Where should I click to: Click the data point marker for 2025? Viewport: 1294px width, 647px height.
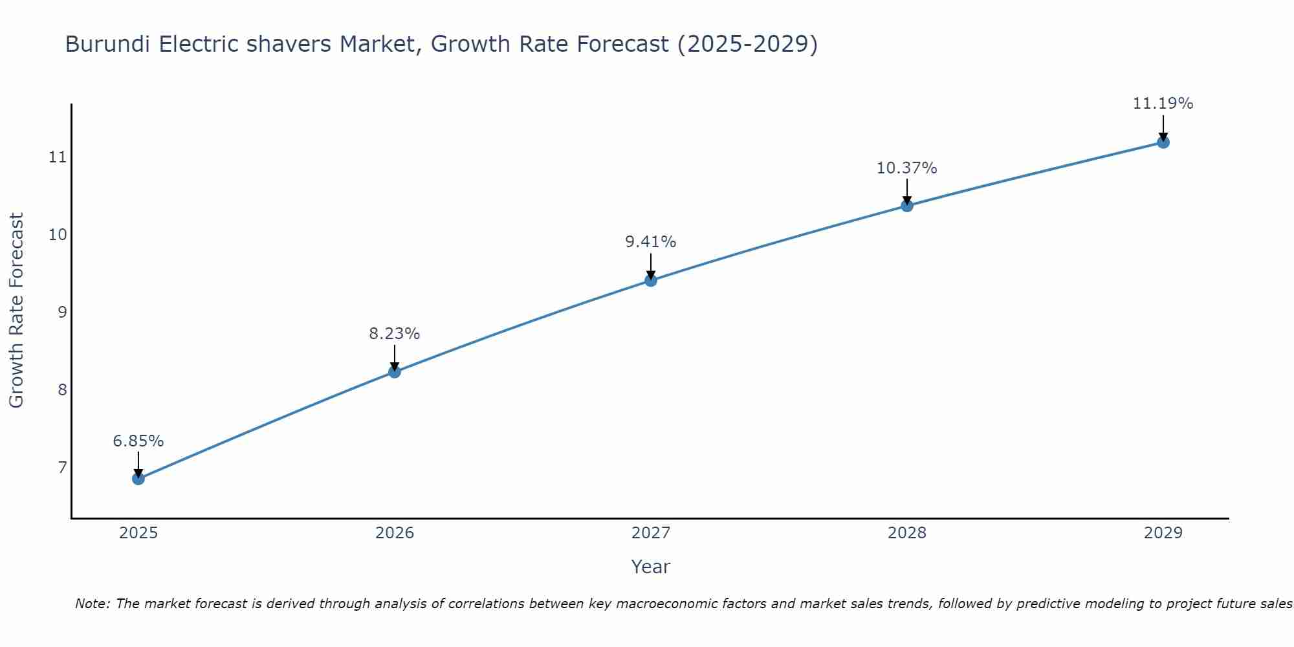tap(138, 479)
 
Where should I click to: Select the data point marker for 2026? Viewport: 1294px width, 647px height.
tap(395, 371)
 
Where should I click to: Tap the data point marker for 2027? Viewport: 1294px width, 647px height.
tap(651, 280)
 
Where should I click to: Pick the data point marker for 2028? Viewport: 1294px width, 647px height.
tap(907, 206)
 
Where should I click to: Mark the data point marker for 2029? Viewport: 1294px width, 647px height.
tap(1163, 142)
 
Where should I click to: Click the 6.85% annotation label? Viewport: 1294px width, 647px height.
tap(138, 441)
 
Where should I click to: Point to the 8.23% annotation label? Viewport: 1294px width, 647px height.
tap(395, 334)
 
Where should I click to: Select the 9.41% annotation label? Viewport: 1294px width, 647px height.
tap(651, 242)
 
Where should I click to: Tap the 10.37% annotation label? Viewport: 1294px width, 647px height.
tap(907, 168)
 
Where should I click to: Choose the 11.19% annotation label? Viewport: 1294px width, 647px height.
tap(1163, 104)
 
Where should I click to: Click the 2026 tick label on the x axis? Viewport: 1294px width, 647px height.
tap(395, 533)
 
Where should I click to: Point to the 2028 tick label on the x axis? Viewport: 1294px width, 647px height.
tap(907, 533)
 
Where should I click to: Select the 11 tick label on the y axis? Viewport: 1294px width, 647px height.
tap(58, 157)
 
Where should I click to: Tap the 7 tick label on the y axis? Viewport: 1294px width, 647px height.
tap(62, 467)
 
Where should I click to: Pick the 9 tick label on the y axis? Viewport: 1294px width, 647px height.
tap(62, 313)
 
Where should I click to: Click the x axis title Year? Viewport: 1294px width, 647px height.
tap(651, 567)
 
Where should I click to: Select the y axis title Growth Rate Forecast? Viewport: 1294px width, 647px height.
tap(17, 311)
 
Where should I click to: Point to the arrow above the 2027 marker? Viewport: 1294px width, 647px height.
tap(651, 265)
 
